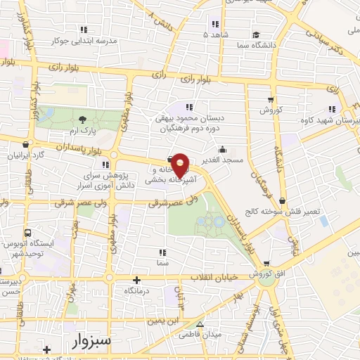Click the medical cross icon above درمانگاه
click(137, 280)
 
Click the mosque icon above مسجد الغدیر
click(222, 149)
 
